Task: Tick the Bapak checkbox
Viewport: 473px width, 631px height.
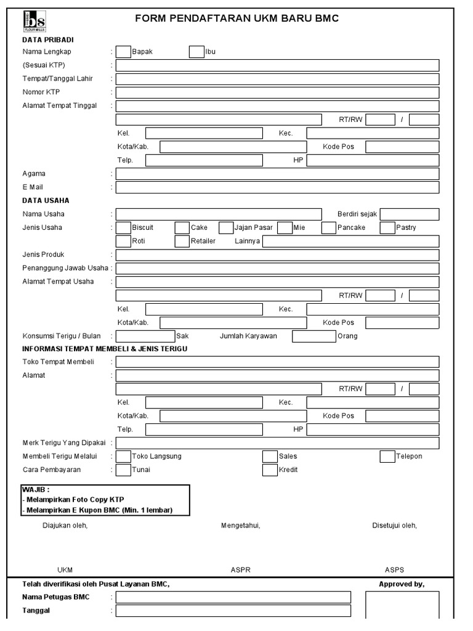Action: pos(123,52)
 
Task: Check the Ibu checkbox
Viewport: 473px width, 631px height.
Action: pos(196,52)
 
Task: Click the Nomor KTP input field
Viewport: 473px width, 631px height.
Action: pos(277,92)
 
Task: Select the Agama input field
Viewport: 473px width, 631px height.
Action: pos(277,174)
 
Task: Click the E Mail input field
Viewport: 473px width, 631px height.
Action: pos(277,187)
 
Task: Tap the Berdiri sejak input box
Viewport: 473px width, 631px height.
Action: pos(409,214)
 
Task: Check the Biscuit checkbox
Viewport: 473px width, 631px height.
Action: pos(123,228)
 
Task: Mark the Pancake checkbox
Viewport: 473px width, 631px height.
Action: pos(328,228)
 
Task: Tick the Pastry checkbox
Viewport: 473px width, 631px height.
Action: pos(387,228)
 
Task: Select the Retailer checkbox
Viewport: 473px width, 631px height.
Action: pos(182,242)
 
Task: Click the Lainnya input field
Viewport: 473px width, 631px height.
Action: pos(350,242)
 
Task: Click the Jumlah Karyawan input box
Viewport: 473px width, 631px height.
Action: pos(313,336)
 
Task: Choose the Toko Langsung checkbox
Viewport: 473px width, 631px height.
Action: pos(123,457)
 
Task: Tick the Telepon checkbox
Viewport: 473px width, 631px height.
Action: pos(387,457)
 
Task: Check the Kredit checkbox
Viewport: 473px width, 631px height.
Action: pos(270,470)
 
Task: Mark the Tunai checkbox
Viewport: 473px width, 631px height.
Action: pos(123,470)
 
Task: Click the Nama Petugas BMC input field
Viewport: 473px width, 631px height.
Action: pos(233,597)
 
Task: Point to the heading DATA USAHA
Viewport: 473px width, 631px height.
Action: pos(46,201)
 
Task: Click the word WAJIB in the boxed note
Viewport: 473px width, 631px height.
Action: pos(33,489)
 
